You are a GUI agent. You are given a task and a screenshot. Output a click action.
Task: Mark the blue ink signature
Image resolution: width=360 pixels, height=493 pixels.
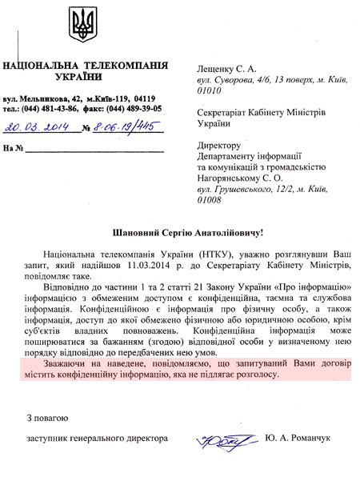(x=221, y=439)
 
